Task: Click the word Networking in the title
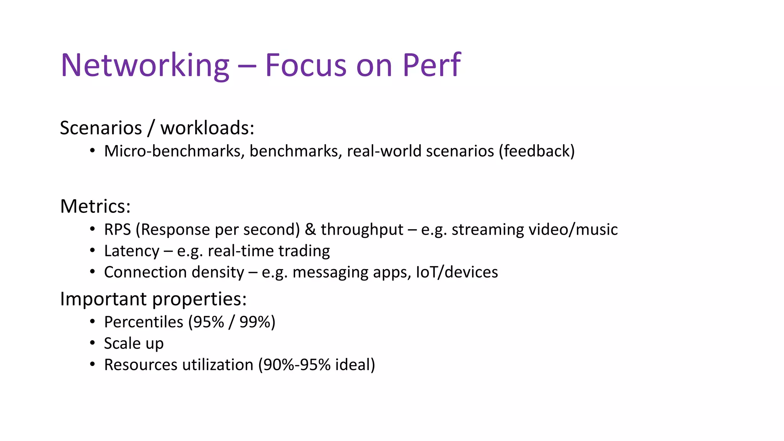tap(145, 65)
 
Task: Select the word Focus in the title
tap(306, 65)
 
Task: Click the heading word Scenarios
tap(101, 128)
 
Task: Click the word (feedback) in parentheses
tap(536, 151)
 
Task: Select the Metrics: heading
tap(95, 206)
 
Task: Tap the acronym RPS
tap(118, 230)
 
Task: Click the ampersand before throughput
tap(310, 230)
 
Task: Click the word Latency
tap(132, 251)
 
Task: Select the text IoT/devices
tap(457, 272)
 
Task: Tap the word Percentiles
tap(144, 322)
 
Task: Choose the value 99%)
tap(257, 322)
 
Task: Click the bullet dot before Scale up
tap(92, 343)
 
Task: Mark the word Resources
tap(140, 365)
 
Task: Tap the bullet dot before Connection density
tap(92, 272)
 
